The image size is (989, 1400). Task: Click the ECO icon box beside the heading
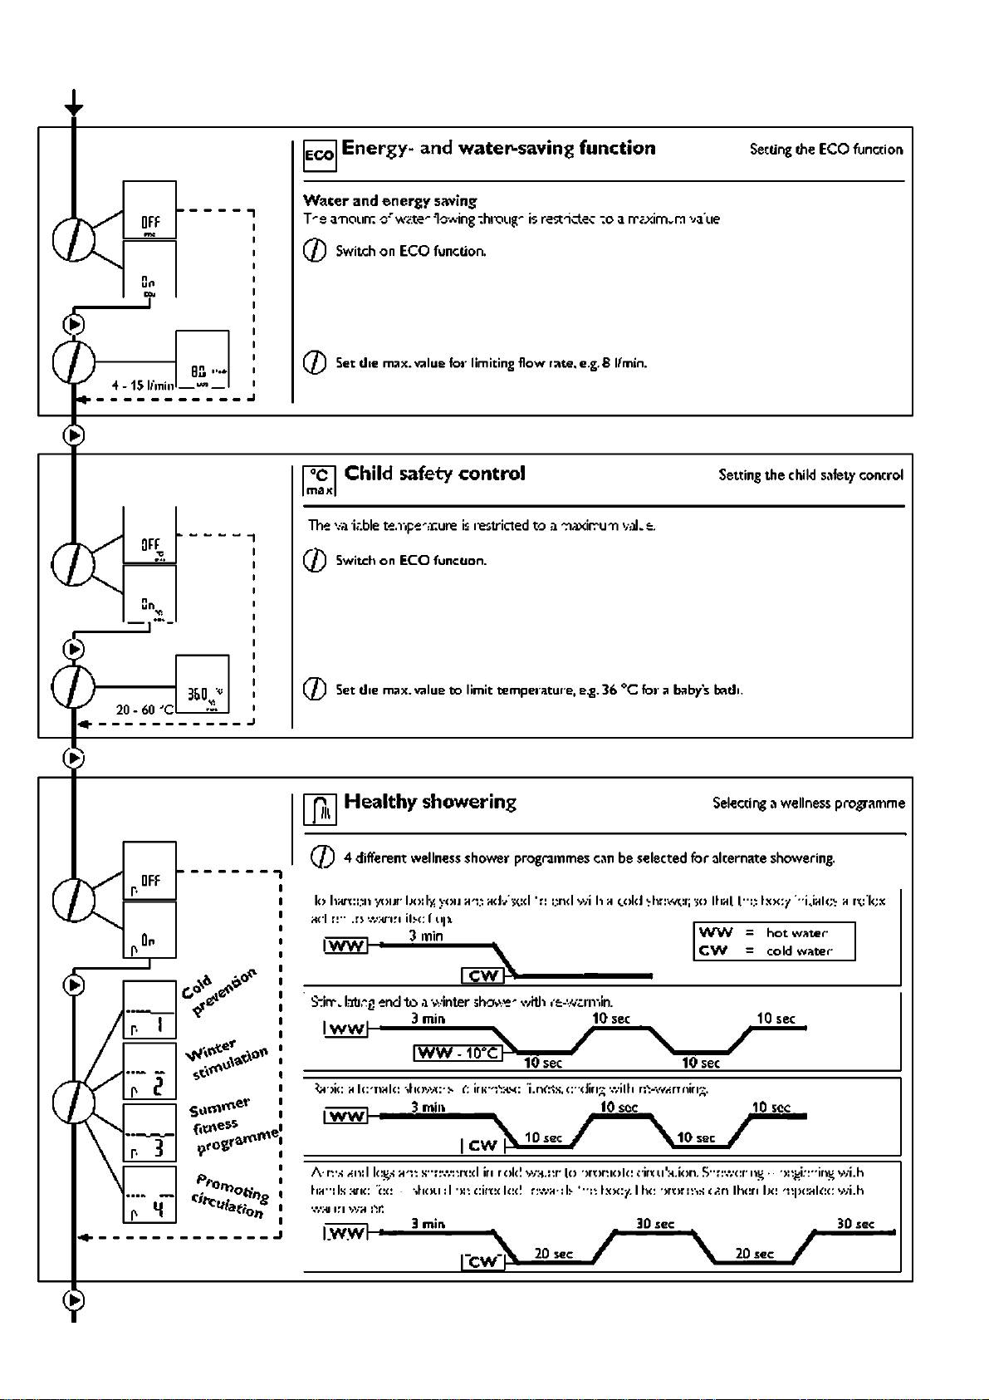[x=320, y=155]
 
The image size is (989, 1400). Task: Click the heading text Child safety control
[x=435, y=474]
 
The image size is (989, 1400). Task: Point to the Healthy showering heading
[x=430, y=802]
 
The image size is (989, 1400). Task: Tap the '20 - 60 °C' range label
[x=144, y=710]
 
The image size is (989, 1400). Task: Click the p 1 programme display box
[x=149, y=1010]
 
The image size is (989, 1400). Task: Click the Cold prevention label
[x=218, y=990]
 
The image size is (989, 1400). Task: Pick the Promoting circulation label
[x=229, y=1196]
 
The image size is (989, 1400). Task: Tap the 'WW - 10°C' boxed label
[x=458, y=1054]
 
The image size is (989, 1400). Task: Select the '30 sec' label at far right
[x=855, y=1224]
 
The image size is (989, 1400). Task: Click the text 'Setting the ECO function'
[x=825, y=150]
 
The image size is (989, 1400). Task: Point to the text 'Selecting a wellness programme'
[x=808, y=803]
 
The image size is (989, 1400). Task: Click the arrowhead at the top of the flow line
[x=74, y=109]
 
